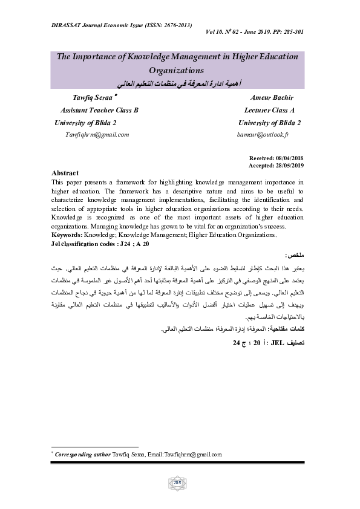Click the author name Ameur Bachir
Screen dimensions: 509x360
(269, 97)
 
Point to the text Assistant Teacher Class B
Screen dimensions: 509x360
(100, 110)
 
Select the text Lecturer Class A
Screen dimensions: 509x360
(269, 110)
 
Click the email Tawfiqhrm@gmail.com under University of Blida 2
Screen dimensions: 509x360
(97, 134)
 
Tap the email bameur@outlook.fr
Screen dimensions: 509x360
(264, 134)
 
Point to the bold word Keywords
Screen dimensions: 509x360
(67, 233)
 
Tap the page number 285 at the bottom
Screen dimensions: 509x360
(178, 482)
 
